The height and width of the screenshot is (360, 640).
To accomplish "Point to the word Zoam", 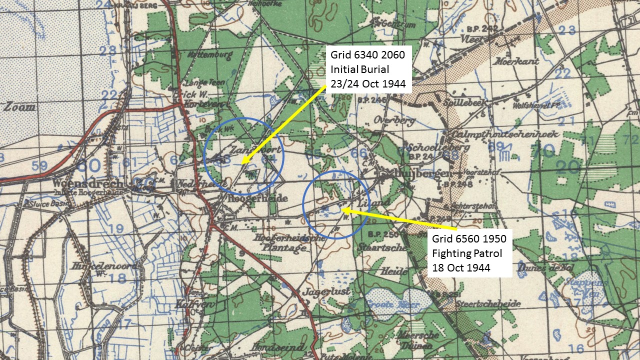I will tap(20, 107).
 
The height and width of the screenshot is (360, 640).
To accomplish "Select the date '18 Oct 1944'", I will tap(461, 267).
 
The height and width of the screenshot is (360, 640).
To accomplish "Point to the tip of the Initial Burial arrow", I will tap(242, 163).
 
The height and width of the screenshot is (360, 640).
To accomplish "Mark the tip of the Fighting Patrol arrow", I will tap(342, 210).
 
